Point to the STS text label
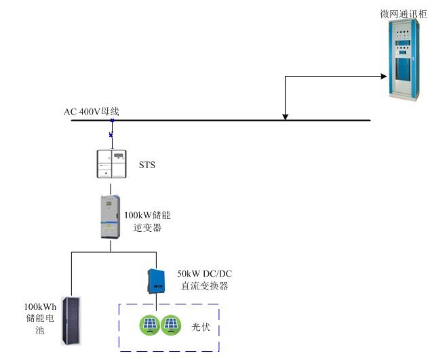click(x=147, y=165)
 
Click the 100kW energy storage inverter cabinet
click(x=111, y=217)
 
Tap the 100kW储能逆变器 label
click(x=147, y=222)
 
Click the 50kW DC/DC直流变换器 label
click(x=204, y=279)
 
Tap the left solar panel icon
click(x=150, y=325)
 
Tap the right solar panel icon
click(x=171, y=325)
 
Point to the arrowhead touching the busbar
click(x=285, y=116)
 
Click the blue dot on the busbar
click(x=112, y=121)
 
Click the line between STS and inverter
click(x=111, y=187)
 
